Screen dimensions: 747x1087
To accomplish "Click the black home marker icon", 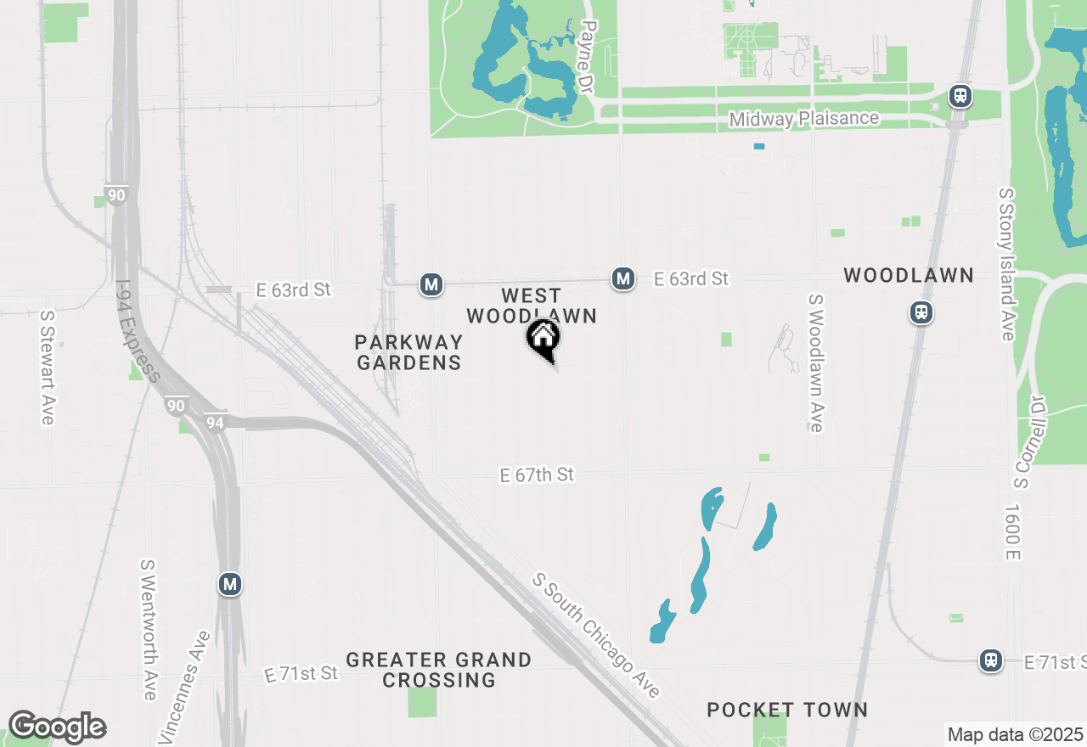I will click(543, 340).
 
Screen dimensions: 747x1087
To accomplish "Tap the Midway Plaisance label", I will click(804, 119).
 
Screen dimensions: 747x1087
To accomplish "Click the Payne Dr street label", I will click(585, 57).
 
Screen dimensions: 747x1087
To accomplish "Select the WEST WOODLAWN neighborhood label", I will click(532, 306).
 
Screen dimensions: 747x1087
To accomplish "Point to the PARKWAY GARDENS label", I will click(408, 352).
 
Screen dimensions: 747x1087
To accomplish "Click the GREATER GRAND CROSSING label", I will click(439, 670).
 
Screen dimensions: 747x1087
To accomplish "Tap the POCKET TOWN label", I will click(787, 710).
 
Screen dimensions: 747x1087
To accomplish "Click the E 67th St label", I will click(537, 475).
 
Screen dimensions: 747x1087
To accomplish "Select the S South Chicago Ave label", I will click(596, 635).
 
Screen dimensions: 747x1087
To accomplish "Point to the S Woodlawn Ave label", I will click(816, 363).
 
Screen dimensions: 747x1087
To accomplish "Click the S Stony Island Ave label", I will click(1007, 265).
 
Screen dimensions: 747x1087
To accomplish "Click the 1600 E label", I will click(1011, 532).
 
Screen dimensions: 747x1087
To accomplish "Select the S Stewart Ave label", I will click(48, 367).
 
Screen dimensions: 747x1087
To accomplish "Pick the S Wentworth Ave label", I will click(149, 629).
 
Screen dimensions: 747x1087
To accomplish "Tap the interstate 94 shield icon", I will click(215, 421).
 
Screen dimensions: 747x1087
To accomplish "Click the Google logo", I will click(57, 727).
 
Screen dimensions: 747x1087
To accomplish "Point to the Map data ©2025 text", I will click(1015, 734).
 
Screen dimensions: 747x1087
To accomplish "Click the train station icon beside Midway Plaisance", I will click(960, 96).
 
